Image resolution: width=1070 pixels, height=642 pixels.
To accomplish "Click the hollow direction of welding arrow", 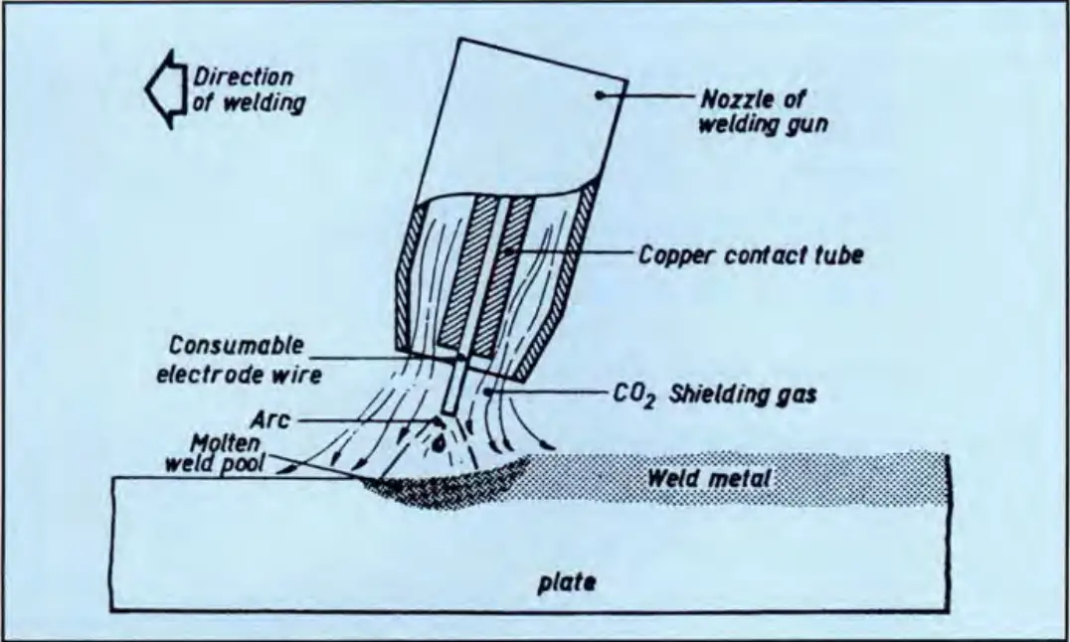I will coord(161,89).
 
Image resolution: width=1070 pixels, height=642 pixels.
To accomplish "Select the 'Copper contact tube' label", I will coord(751,255).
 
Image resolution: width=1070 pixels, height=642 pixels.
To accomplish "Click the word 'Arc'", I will coord(270,419).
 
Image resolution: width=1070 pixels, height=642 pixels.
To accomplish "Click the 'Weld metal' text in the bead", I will coord(708,478).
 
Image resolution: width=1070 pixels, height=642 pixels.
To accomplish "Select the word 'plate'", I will coord(567,584).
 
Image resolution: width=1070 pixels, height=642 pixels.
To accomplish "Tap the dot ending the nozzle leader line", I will coord(601,95).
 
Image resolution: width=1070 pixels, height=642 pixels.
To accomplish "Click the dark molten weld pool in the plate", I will coord(438,484).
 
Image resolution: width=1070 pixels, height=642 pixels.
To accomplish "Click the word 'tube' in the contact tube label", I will coord(838,255).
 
